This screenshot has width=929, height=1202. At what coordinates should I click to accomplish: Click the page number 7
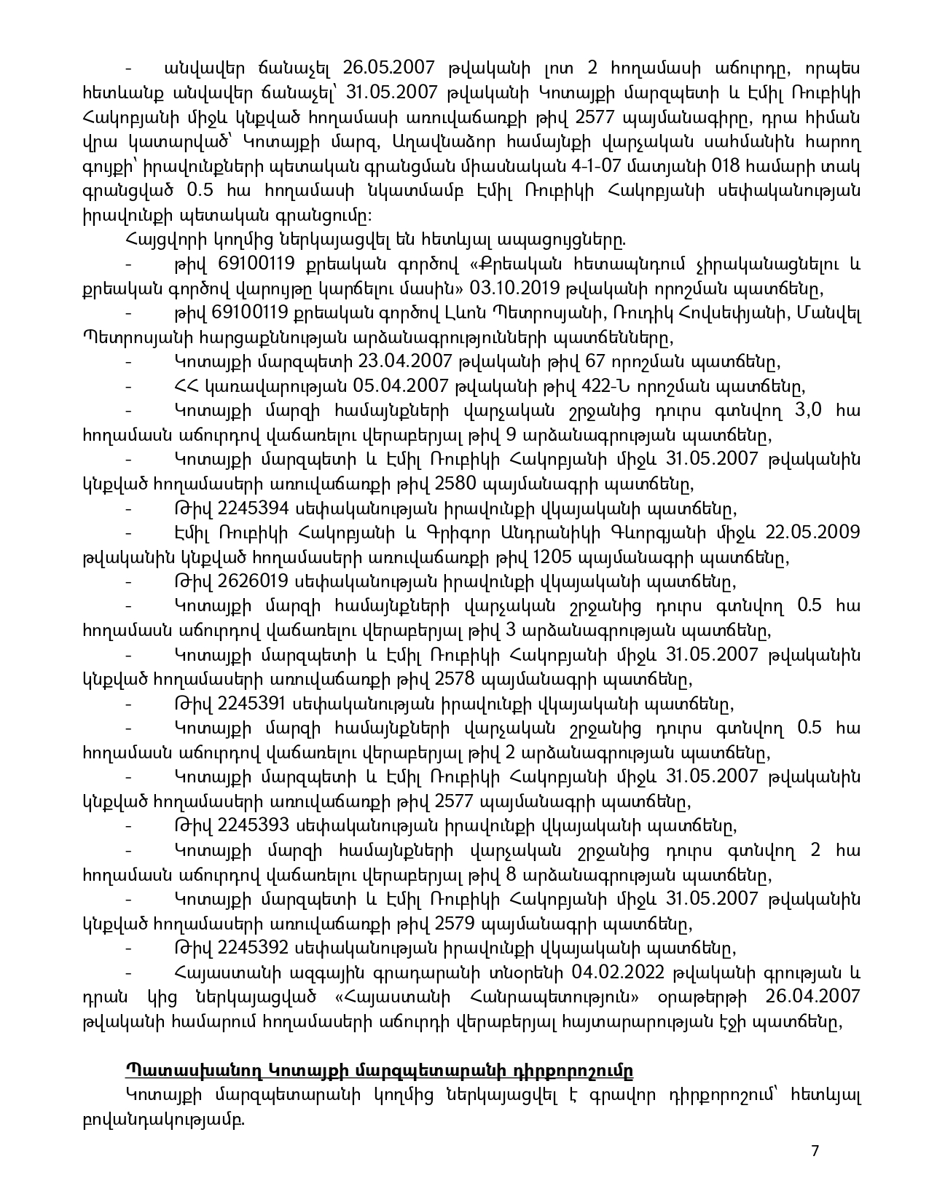point(815,1150)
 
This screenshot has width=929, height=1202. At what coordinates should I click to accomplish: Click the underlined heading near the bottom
point(379,1071)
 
